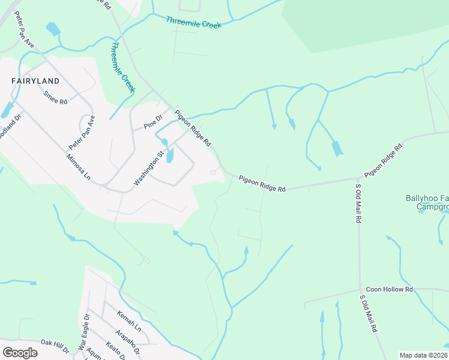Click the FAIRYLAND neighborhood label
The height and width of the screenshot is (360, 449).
click(x=35, y=80)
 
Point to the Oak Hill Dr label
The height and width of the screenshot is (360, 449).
click(x=55, y=343)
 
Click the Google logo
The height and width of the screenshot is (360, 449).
click(x=20, y=352)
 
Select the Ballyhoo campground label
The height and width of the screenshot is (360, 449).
click(x=427, y=203)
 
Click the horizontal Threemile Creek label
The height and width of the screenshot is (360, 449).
click(x=194, y=22)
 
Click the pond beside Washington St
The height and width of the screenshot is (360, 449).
click(x=170, y=155)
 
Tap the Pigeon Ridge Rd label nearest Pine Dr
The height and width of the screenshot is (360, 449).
click(x=193, y=128)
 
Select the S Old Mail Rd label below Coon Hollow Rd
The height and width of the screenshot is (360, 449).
click(x=369, y=313)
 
